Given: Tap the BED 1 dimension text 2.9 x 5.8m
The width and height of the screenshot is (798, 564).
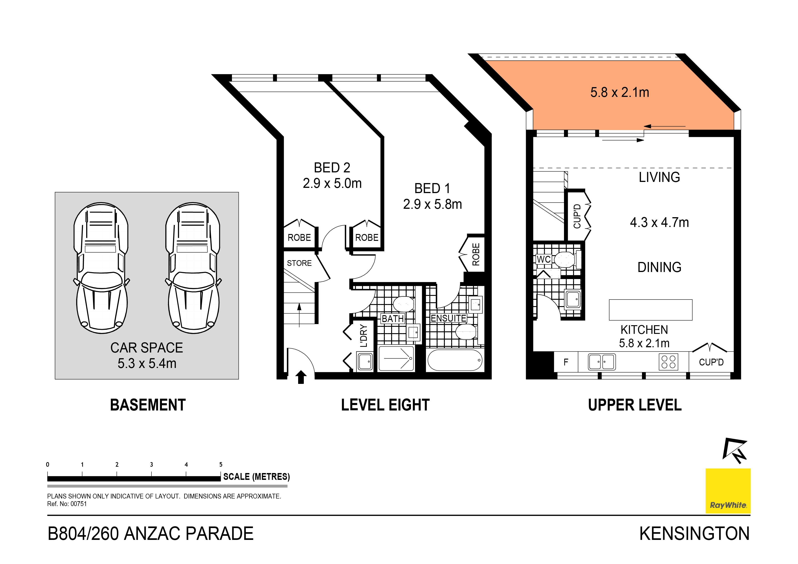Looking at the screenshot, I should [432, 204].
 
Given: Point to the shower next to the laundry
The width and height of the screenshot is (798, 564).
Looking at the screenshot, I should [396, 358].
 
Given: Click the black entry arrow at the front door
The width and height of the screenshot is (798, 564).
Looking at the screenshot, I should [301, 377].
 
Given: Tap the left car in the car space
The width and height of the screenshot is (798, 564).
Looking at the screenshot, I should [101, 268].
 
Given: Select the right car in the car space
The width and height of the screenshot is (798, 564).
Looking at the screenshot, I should [193, 268].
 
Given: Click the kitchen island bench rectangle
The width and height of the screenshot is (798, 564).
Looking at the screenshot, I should [650, 310].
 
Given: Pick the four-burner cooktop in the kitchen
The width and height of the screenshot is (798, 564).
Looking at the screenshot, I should [668, 362].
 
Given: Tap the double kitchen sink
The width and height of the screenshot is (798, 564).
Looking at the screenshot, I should [602, 362].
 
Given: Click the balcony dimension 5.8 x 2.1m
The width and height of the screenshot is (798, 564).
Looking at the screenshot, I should [619, 92].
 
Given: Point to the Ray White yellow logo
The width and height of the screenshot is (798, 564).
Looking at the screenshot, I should [728, 491].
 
